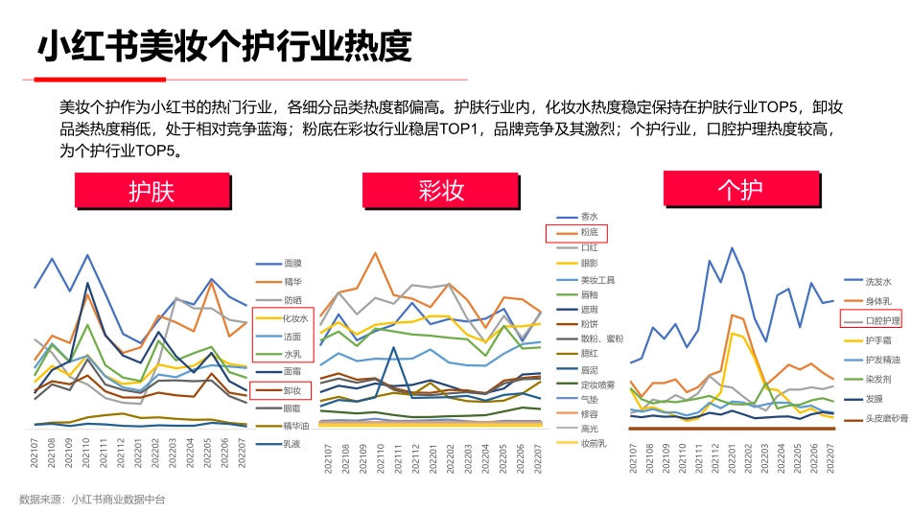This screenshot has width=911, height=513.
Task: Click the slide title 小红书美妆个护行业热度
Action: coord(224,44)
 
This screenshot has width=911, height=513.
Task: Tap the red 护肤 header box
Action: coord(152,191)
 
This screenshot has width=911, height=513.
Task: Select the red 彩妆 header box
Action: coord(441,191)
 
